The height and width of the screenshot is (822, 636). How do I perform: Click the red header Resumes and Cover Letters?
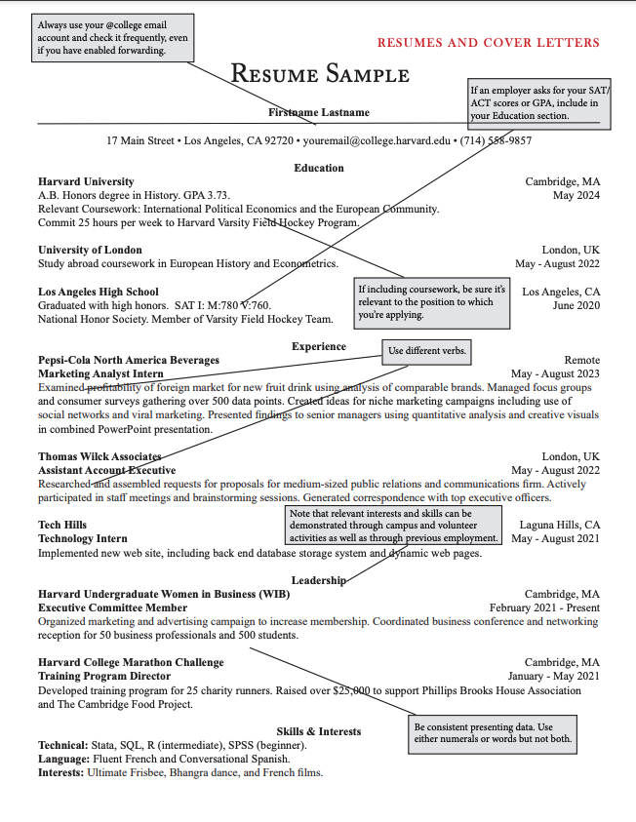coord(488,43)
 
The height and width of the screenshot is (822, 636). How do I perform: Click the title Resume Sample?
coord(320,75)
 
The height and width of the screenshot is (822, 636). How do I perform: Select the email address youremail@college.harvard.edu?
coord(377,140)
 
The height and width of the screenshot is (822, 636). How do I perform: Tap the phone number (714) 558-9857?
coord(497,140)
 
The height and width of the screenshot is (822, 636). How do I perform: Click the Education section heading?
coord(319,168)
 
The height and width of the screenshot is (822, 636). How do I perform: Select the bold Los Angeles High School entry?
coord(98,292)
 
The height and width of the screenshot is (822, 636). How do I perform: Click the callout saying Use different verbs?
coord(427,351)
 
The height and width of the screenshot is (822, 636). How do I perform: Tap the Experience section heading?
coord(318,346)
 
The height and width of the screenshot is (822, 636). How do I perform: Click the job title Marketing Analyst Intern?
coord(100,373)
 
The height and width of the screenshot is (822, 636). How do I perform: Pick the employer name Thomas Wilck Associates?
coord(99,456)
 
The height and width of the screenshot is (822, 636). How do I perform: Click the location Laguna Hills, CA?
coord(559,525)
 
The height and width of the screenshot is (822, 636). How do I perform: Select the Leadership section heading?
coord(319,580)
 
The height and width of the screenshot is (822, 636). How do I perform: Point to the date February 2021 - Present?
coord(544,607)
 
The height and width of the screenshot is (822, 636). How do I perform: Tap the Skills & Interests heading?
coord(319,731)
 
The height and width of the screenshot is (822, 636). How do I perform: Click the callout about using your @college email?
coord(112,37)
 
